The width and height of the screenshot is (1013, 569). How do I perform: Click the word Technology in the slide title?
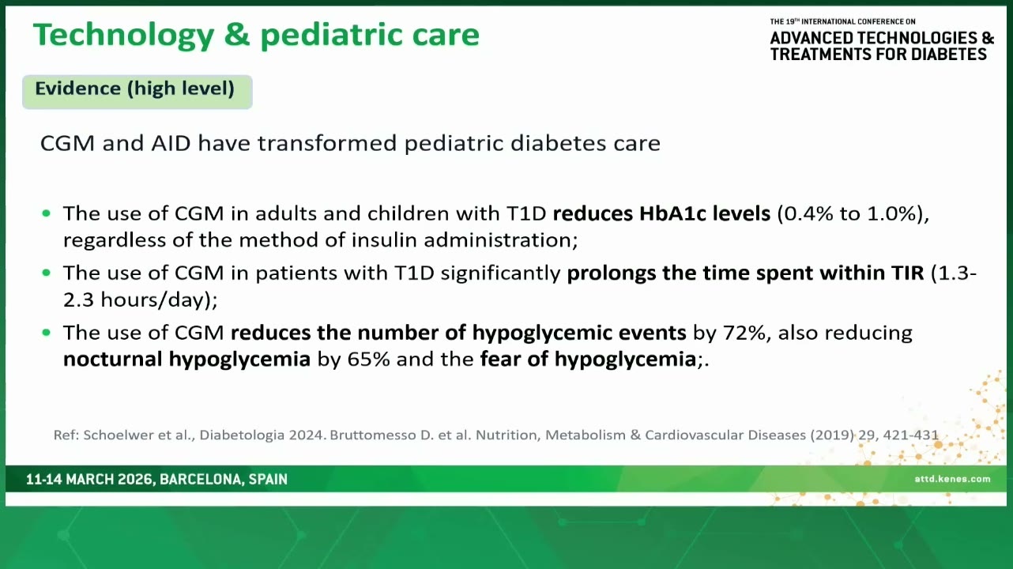(123, 36)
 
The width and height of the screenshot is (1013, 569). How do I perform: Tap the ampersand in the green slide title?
(237, 34)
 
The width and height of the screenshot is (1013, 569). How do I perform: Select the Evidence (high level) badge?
(137, 92)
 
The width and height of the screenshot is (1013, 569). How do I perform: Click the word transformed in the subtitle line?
(327, 143)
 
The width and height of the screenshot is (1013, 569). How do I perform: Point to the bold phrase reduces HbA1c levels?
(661, 213)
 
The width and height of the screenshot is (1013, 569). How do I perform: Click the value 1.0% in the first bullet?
(892, 213)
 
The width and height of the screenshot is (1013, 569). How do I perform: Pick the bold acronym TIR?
(908, 273)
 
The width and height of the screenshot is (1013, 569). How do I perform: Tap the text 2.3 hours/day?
(135, 300)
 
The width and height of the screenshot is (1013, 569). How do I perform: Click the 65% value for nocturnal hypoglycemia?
(368, 359)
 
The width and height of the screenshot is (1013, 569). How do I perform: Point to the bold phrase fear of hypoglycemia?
(588, 360)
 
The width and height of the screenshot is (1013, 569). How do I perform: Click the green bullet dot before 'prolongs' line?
(46, 273)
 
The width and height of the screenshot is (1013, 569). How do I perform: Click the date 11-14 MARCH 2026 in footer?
(88, 480)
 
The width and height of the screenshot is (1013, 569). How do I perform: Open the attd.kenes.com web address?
(952, 479)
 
